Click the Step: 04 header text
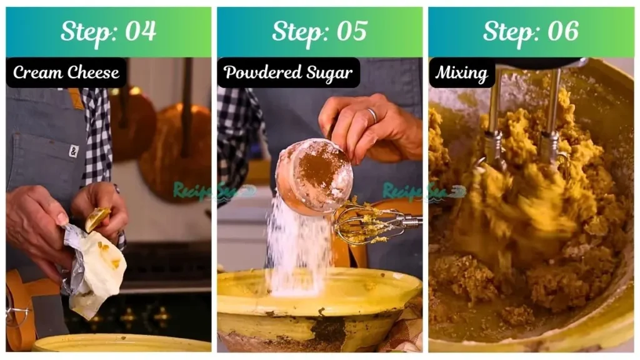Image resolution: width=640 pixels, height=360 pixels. [x=108, y=31]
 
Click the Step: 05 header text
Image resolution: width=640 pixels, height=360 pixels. [x=319, y=31]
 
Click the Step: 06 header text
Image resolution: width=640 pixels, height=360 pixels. [x=531, y=31]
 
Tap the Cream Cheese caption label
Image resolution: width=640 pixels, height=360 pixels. [x=66, y=72]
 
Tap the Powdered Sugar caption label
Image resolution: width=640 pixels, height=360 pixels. [x=288, y=72]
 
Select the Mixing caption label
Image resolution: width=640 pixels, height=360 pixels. [x=461, y=72]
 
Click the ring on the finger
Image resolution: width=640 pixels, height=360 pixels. [x=371, y=115]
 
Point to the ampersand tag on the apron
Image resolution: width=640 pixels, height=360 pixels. [x=73, y=151]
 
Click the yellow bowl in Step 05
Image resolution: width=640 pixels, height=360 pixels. [x=319, y=306]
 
